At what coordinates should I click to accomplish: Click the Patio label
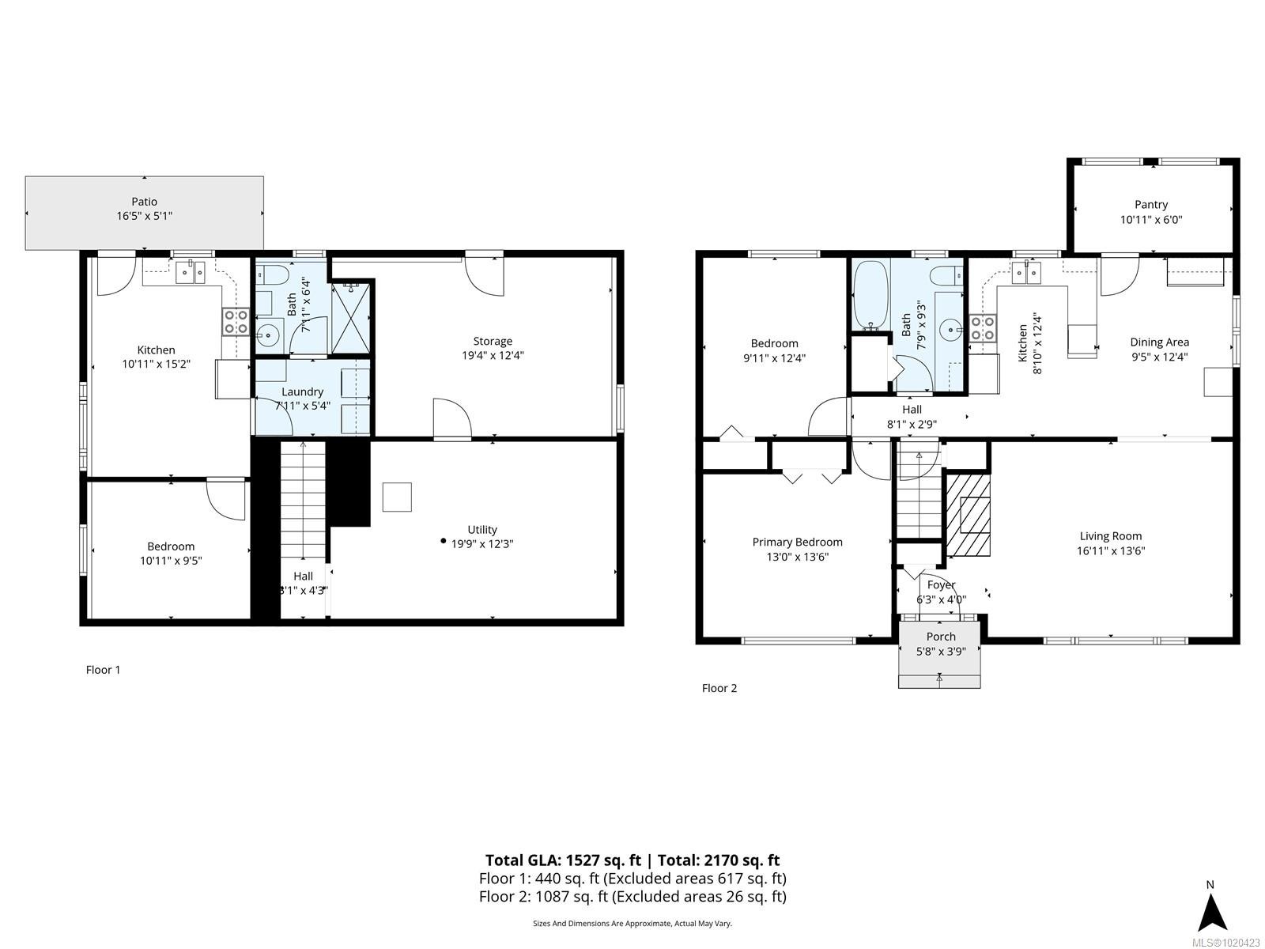click(144, 202)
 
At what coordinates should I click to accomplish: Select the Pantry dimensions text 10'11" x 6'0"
click(1150, 220)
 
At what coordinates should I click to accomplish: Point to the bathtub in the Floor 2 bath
click(869, 295)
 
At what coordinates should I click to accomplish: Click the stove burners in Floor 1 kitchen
click(235, 322)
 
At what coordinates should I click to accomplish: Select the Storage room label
click(493, 342)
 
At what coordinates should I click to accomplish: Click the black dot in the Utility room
click(443, 541)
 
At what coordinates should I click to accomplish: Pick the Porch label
click(940, 637)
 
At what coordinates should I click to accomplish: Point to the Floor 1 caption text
click(103, 670)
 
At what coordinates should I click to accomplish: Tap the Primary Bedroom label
click(797, 543)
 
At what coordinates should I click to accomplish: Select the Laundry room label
click(302, 392)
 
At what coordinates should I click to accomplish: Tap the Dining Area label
click(1159, 342)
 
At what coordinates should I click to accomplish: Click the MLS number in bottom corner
click(1230, 942)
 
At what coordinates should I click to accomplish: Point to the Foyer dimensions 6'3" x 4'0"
click(941, 599)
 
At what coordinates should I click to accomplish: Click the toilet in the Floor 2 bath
click(946, 275)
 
